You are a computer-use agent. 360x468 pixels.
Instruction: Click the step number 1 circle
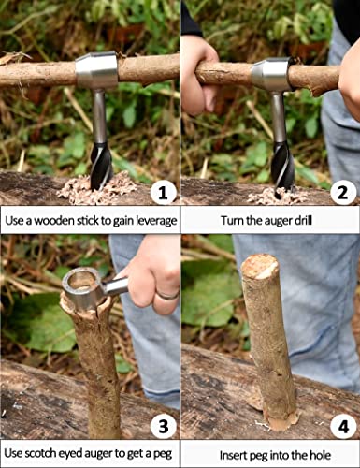point(163,194)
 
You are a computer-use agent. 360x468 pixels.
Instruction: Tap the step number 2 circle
point(343,194)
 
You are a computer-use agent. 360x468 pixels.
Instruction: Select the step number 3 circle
point(163,427)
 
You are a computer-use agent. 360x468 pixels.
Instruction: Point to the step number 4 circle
point(343,427)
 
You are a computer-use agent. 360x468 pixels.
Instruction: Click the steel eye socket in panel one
point(96,70)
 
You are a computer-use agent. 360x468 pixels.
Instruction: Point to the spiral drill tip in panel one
point(99,159)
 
